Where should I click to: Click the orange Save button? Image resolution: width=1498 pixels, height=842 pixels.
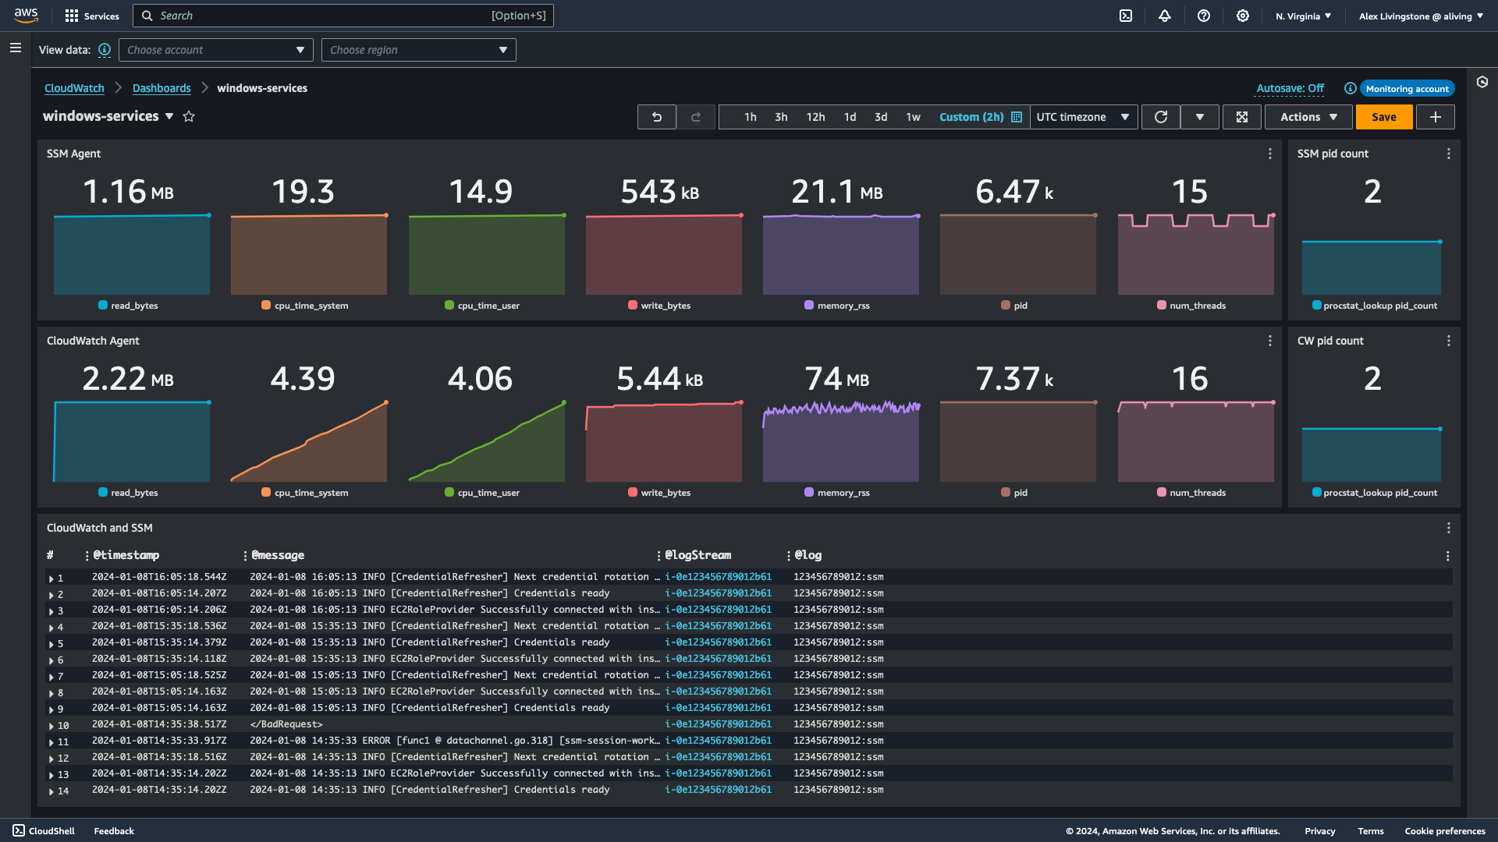pyautogui.click(x=1383, y=117)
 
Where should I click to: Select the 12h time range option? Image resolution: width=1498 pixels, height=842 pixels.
pyautogui.click(x=815, y=117)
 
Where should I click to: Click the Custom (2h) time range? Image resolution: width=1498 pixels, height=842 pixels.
pyautogui.click(x=971, y=117)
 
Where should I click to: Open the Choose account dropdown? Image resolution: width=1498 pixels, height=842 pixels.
pyautogui.click(x=215, y=50)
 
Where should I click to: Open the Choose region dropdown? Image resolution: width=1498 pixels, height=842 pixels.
pyautogui.click(x=418, y=50)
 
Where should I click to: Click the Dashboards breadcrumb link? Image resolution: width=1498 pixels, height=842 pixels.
pyautogui.click(x=162, y=88)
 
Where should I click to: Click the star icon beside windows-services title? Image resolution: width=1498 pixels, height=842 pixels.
pyautogui.click(x=189, y=116)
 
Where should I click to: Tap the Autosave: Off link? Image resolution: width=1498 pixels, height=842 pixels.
pyautogui.click(x=1290, y=88)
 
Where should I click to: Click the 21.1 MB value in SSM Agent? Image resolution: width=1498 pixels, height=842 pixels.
pyautogui.click(x=836, y=192)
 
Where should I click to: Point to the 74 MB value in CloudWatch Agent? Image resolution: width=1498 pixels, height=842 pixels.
pyautogui.click(x=836, y=379)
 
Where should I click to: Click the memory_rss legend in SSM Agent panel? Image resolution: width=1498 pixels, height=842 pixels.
pyautogui.click(x=843, y=306)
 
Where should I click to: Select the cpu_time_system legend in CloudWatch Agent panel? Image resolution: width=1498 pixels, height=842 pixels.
pyautogui.click(x=311, y=493)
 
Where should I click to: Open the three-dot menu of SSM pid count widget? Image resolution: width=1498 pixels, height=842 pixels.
pyautogui.click(x=1448, y=154)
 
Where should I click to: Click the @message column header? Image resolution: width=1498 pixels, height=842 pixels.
pyautogui.click(x=278, y=555)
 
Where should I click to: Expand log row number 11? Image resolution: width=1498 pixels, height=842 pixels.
pyautogui.click(x=51, y=742)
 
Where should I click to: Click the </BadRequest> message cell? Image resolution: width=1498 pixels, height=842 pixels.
pyautogui.click(x=286, y=724)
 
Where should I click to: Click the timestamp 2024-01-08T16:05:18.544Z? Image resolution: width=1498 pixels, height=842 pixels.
pyautogui.click(x=159, y=577)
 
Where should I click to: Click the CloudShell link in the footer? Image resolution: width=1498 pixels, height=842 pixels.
pyautogui.click(x=44, y=831)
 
